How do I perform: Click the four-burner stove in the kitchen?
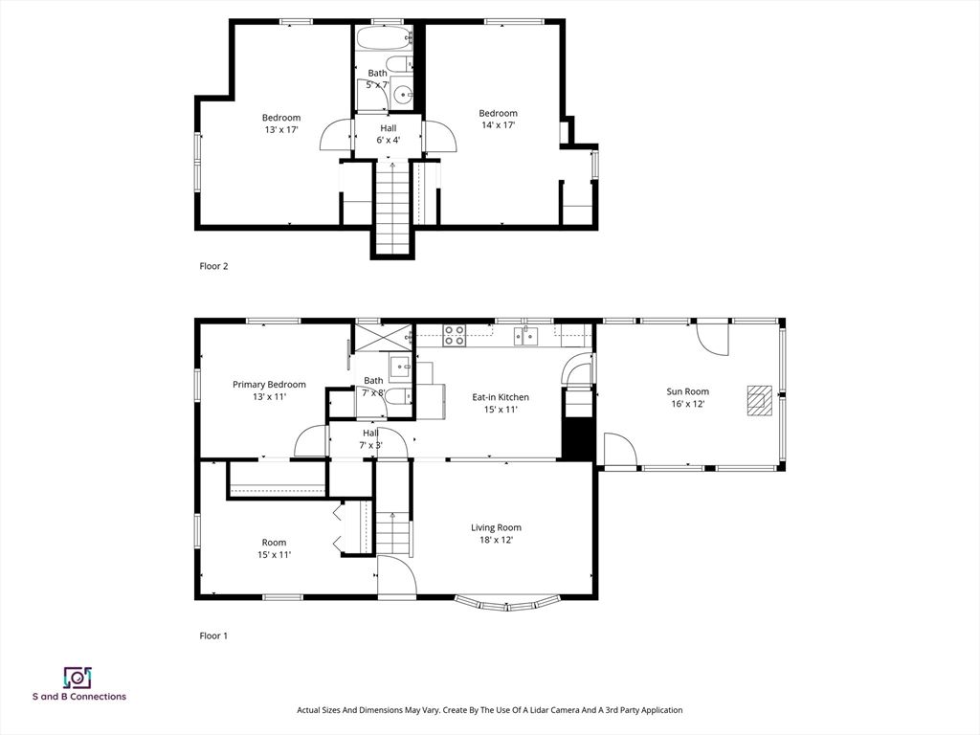455,335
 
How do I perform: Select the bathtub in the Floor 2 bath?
383,39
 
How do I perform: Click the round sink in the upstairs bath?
403,94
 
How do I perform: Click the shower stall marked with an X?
380,339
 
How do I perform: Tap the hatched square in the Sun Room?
759,400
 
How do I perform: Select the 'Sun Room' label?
687,391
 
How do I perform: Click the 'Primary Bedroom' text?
269,385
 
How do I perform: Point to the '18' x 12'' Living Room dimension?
495,540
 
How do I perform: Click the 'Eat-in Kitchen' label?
500,397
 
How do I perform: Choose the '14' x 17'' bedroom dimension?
498,125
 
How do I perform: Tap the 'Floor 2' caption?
213,266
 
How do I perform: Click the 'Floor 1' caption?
213,635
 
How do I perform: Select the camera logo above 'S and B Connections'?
78,678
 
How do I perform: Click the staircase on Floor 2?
391,206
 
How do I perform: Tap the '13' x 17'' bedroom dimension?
281,130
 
